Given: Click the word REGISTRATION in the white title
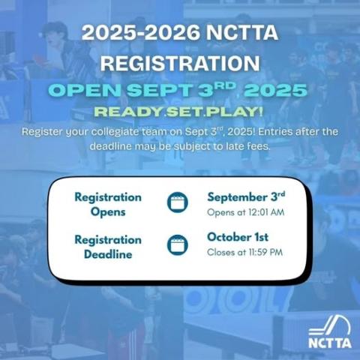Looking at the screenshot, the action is point(180,63).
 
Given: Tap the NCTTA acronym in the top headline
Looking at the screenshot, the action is point(242,32).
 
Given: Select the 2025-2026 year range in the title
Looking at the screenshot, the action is point(141,32).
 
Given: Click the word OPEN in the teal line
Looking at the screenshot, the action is point(85,90).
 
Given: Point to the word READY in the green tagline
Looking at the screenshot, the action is point(128,112).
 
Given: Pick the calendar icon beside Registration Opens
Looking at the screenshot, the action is point(178,202).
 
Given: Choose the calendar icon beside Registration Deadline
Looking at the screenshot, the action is point(178,245).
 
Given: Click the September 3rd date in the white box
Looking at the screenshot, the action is point(246,197).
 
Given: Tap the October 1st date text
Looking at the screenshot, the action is point(238,237).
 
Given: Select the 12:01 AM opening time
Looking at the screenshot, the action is point(266,212).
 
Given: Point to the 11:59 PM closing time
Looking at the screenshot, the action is point(265,252).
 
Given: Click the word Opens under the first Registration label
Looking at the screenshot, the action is point(108,212).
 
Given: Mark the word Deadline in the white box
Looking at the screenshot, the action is point(108,254).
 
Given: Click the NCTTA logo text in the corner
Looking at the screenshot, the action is point(330,343).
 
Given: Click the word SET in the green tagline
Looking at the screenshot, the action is point(184,112).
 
